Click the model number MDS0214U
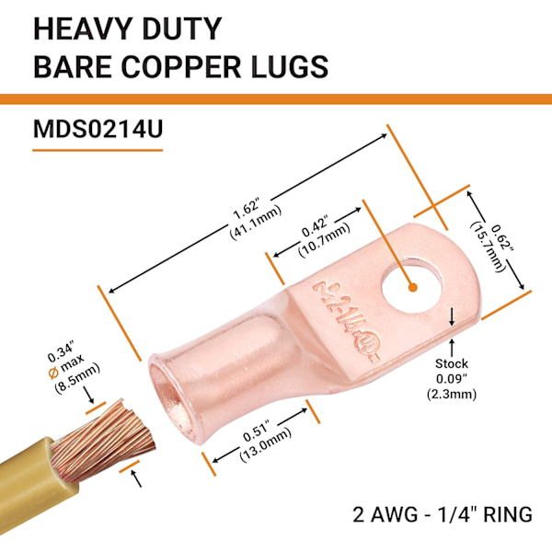coord(98,129)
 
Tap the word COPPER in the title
coord(181,66)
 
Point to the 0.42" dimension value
coord(315,228)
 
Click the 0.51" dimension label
coord(257,431)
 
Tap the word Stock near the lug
coord(452,363)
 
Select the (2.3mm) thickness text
coord(452,395)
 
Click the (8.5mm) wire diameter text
coord(77,379)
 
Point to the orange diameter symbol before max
coord(53,373)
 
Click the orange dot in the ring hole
coord(413,287)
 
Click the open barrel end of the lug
coord(171,395)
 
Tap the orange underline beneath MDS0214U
coord(98,150)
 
